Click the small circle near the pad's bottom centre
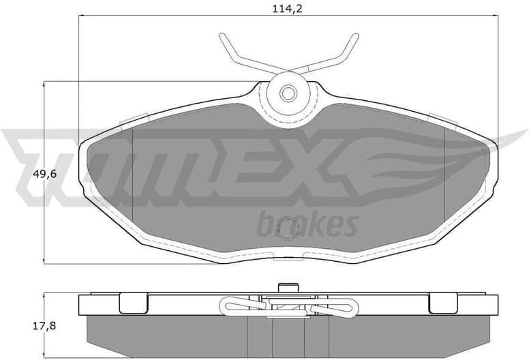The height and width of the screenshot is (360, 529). click(x=290, y=228)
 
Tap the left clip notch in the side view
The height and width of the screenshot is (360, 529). click(x=134, y=302)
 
